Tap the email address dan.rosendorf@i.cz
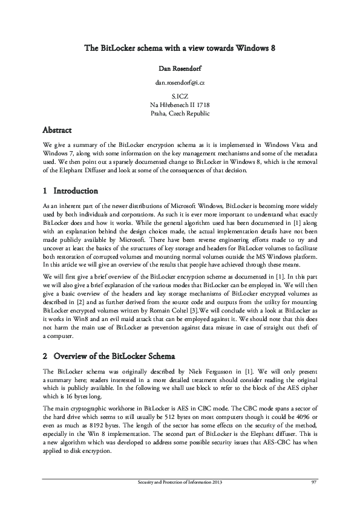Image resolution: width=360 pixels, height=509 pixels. point(180,82)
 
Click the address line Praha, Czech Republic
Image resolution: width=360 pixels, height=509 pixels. point(180,113)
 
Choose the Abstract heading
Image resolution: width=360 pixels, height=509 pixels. point(57,130)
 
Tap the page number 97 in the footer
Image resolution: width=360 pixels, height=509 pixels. point(314,482)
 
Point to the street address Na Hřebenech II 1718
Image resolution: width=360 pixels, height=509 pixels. point(180,105)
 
